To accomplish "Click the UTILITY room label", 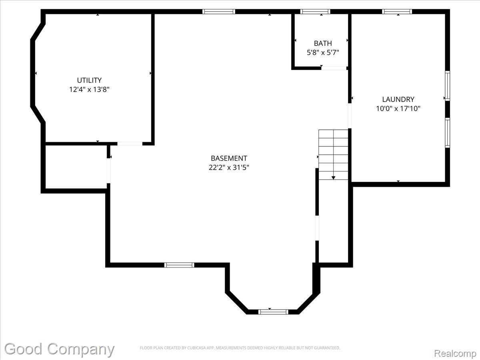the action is pyautogui.click(x=89, y=80).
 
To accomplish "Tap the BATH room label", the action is pyautogui.click(x=323, y=43).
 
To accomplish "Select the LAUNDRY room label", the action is pyautogui.click(x=398, y=100).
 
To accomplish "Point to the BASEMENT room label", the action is pyautogui.click(x=229, y=158).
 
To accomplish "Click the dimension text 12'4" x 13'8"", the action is pyautogui.click(x=89, y=89).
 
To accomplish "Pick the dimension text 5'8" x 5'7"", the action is pyautogui.click(x=323, y=52).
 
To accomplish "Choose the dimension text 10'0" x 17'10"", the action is pyautogui.click(x=398, y=108).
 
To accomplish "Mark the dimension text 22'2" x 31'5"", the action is pyautogui.click(x=229, y=168).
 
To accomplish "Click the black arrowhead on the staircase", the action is pyautogui.click(x=333, y=178).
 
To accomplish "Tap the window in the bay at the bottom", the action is pyautogui.click(x=273, y=312).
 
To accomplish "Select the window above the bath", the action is pyautogui.click(x=315, y=12).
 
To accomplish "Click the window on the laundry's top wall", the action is pyautogui.click(x=397, y=12).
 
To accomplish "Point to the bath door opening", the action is pyautogui.click(x=334, y=68).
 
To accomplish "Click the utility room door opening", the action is pyautogui.click(x=130, y=144).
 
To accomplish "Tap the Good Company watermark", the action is pyautogui.click(x=59, y=349).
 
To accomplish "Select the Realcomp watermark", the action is pyautogui.click(x=455, y=353).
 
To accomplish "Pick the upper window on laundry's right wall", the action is pyautogui.click(x=448, y=86).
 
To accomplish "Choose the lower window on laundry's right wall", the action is pyautogui.click(x=448, y=133).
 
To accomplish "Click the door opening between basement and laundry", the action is pyautogui.click(x=350, y=116).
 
